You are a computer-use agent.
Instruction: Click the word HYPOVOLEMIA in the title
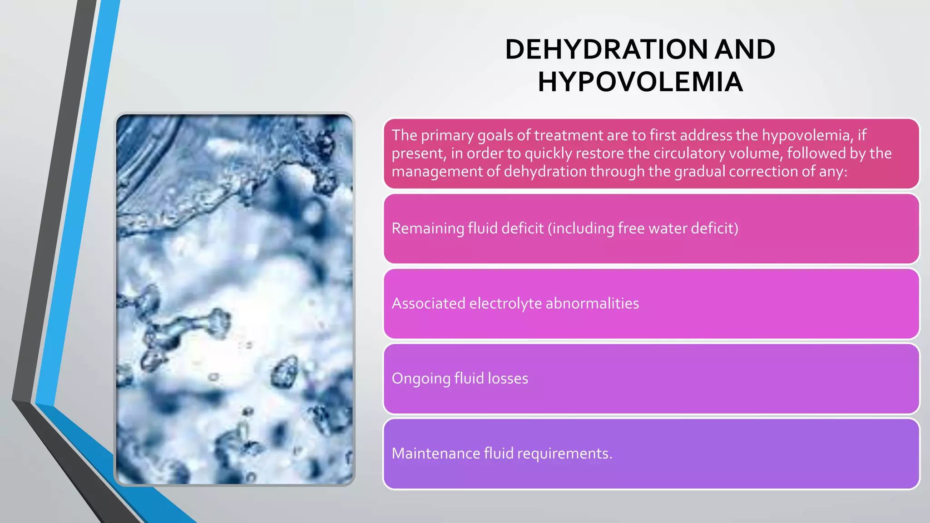[x=640, y=82]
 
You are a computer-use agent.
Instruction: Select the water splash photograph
[x=234, y=299]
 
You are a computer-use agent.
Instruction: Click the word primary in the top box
[x=447, y=135]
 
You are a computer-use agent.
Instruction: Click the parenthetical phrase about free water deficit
[x=643, y=228]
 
